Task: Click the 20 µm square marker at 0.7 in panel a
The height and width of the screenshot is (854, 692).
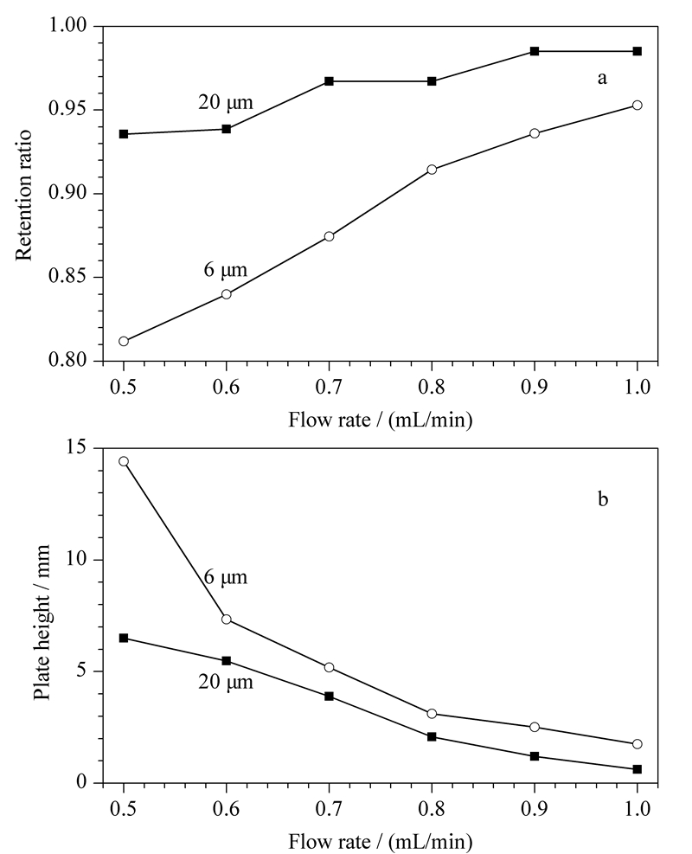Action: (329, 81)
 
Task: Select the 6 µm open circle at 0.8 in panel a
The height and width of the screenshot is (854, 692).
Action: (432, 170)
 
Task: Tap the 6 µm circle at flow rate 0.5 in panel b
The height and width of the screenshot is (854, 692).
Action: (124, 461)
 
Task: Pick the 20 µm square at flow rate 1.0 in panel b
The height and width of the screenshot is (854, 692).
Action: (637, 769)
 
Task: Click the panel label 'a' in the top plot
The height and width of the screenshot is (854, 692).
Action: (602, 79)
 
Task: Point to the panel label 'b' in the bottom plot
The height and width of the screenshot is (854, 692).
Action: (603, 498)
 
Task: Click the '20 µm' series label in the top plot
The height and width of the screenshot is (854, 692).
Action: (226, 102)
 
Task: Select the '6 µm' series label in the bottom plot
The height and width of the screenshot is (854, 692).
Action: (226, 577)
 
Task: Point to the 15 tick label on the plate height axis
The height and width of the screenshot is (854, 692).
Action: (77, 447)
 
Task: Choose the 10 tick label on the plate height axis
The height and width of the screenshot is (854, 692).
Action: (77, 559)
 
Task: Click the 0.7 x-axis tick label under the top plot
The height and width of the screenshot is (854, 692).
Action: (329, 387)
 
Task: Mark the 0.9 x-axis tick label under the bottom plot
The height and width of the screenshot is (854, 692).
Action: (534, 809)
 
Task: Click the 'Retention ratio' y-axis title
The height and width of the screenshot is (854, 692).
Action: (24, 194)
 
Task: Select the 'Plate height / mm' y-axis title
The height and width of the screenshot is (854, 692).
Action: (42, 622)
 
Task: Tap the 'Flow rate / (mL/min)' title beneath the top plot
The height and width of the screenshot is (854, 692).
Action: (380, 420)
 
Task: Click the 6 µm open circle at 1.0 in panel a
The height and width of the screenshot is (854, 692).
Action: (637, 105)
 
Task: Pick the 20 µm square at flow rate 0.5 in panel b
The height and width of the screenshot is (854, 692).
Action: (124, 638)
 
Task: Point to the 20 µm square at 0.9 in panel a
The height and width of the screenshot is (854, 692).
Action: (534, 51)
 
